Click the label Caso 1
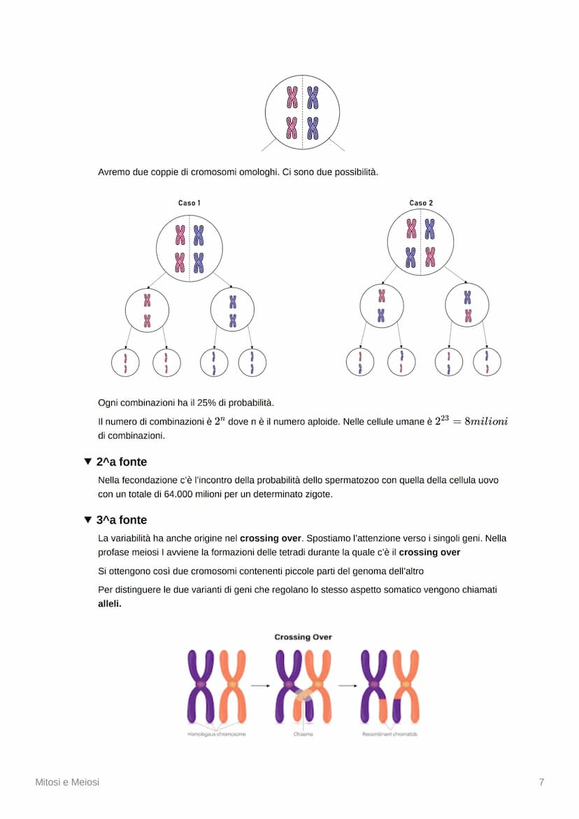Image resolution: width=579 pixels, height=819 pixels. coord(189,203)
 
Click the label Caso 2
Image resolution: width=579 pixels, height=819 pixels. coord(421,203)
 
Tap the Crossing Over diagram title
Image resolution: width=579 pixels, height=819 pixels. coord(303,637)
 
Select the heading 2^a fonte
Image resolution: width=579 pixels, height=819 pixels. coord(122,462)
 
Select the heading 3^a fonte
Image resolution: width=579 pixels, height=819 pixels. coord(122,520)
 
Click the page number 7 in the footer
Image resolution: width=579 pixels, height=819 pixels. coord(541,782)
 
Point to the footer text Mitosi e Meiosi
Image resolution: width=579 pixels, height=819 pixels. coord(67,782)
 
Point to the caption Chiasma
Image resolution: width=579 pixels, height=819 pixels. coord(303,734)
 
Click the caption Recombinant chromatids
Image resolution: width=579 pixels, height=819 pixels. coord(390,734)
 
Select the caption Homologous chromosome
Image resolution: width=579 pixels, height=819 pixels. coord(216,734)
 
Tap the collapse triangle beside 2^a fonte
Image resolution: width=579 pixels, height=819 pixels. coord(87,462)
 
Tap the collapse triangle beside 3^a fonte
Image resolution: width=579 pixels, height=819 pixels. coord(87,520)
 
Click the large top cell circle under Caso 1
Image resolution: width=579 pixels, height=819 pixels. coord(190,249)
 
